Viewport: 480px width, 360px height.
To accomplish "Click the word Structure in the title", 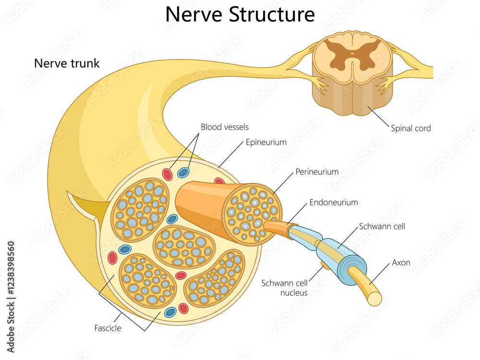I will (x=271, y=14).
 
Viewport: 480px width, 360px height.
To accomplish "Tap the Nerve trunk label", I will (x=67, y=63).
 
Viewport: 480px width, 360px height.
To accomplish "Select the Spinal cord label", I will (x=410, y=128).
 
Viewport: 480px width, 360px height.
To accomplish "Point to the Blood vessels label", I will (x=225, y=127).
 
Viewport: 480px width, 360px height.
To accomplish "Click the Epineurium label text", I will (x=266, y=142).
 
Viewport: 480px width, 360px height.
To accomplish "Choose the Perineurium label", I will (x=317, y=171).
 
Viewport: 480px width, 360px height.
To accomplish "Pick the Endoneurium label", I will (x=333, y=203).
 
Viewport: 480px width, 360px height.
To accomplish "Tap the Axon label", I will (x=401, y=263).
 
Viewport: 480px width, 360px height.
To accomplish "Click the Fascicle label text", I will (x=108, y=328).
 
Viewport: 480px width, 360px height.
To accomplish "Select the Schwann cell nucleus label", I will (x=285, y=288).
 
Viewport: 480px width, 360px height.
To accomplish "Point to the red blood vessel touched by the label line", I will (x=167, y=174).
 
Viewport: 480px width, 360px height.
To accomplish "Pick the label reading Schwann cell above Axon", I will (x=382, y=226).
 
